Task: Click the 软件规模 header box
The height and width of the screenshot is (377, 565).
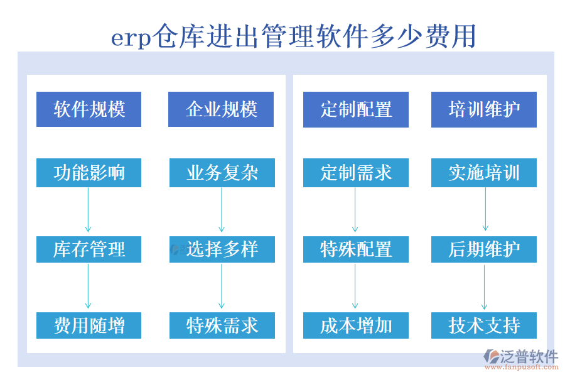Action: [x=89, y=109]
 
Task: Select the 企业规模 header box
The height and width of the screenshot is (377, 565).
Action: [x=221, y=109]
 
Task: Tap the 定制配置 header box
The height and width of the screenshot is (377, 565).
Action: [x=355, y=109]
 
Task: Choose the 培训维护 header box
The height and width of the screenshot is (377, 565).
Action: [x=483, y=109]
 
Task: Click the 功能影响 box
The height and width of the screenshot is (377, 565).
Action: [x=89, y=173]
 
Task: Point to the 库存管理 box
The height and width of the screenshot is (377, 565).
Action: [x=89, y=249]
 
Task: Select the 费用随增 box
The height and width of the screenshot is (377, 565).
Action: [x=89, y=325]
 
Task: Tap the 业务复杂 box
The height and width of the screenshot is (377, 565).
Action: [x=222, y=173]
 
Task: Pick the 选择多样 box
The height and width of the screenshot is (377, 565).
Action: [x=222, y=249]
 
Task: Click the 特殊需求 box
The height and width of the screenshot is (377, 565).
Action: [x=222, y=325]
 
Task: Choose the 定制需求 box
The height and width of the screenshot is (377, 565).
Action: [x=355, y=173]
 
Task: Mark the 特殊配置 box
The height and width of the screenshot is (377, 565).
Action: [x=355, y=249]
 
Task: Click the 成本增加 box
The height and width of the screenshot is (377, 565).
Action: [x=355, y=325]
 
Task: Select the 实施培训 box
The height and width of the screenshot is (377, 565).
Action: [x=483, y=173]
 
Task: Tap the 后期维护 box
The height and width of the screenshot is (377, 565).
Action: [x=483, y=249]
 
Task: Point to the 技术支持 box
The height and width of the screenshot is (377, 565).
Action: [x=483, y=325]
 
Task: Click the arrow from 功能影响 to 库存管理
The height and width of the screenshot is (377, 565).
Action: [x=88, y=210]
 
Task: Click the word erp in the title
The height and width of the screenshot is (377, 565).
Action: [x=131, y=38]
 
